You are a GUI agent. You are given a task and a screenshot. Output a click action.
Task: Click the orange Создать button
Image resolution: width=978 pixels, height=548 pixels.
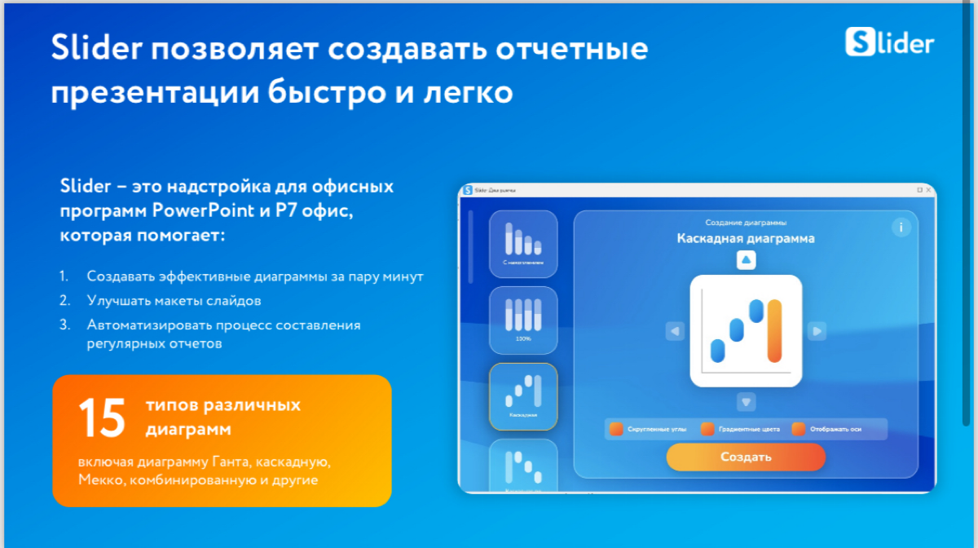point(746,457)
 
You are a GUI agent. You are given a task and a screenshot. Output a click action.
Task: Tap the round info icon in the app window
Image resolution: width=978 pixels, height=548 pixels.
point(901,228)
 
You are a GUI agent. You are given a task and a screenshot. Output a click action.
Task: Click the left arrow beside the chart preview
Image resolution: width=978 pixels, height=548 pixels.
point(674,331)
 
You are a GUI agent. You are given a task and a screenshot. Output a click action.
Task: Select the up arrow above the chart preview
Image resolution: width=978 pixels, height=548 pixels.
point(747,260)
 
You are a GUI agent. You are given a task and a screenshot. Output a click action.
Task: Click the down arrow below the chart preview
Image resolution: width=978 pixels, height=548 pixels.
point(747,402)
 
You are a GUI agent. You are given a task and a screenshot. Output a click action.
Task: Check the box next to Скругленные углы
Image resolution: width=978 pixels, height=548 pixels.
point(616,429)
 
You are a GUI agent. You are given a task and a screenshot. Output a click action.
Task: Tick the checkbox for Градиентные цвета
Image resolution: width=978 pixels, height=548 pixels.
point(707,429)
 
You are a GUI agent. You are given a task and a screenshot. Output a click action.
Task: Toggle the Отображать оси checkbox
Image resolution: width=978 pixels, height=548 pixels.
point(799,429)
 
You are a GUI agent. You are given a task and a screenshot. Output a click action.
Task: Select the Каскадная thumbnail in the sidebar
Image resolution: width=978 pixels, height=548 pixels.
point(523,396)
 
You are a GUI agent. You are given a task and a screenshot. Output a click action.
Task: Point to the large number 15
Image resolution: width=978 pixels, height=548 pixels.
point(102,418)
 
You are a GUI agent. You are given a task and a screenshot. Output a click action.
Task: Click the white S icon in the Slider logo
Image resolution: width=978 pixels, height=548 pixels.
point(859,42)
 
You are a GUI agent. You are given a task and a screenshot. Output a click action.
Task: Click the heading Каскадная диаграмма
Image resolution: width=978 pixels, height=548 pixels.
point(746,239)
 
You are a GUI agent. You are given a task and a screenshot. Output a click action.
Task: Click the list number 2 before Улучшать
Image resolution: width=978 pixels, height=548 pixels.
point(64,301)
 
